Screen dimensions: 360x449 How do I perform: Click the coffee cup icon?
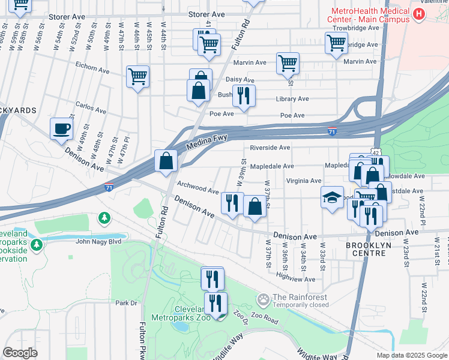[61, 128]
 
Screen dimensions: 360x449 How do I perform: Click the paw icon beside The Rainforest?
[263, 299]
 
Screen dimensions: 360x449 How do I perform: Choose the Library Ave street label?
[292, 99]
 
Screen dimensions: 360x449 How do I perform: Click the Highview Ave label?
[295, 279]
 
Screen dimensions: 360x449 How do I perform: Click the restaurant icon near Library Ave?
[244, 96]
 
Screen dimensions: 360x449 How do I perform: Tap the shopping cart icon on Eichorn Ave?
[137, 76]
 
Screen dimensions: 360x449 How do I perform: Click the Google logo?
[20, 353]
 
